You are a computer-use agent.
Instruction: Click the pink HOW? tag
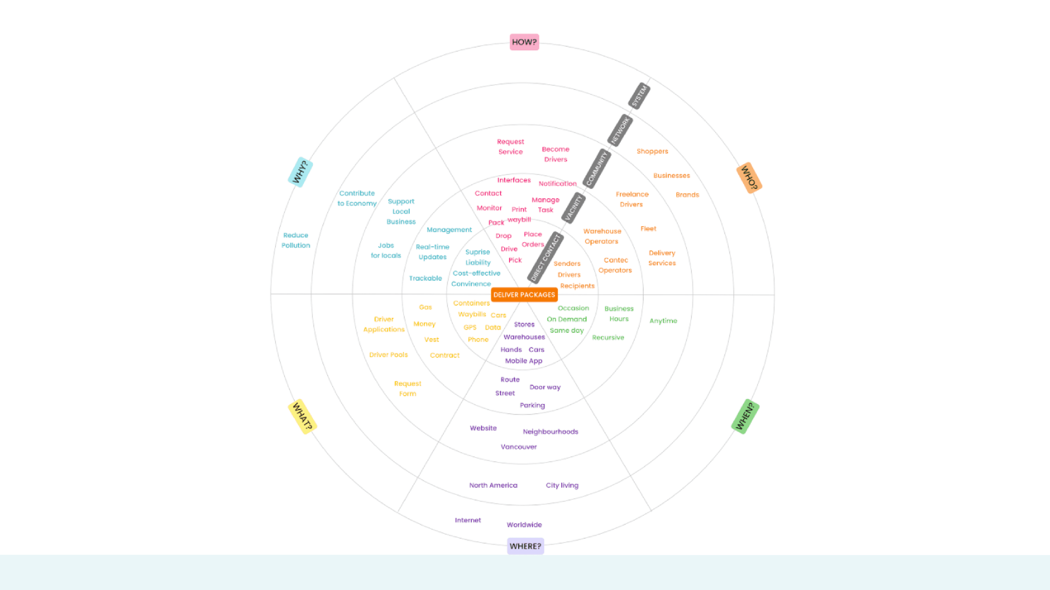[524, 42]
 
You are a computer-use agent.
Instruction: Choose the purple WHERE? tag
[525, 546]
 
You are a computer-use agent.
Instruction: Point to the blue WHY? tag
[301, 172]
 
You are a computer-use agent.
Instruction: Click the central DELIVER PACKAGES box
[524, 294]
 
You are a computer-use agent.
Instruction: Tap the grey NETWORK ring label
[620, 130]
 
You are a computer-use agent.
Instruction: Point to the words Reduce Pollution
[296, 240]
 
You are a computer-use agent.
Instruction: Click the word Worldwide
[524, 524]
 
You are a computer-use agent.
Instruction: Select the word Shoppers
[652, 151]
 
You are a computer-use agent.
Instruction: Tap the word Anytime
[663, 321]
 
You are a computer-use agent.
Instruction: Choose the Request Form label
[408, 388]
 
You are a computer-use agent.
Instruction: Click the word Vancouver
[518, 447]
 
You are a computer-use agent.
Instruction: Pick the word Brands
[687, 195]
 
